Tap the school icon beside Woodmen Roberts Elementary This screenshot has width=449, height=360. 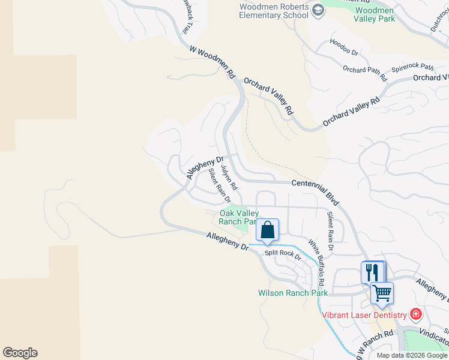point(318,10)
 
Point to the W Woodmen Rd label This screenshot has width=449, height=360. point(212,64)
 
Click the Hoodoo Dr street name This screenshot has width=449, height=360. point(344,48)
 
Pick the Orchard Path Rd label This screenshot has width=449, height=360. point(364,74)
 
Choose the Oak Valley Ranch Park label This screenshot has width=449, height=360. point(239,217)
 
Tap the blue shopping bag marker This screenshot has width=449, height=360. point(268,230)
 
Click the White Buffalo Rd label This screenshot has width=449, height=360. point(316,263)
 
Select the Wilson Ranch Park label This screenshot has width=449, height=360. point(293,293)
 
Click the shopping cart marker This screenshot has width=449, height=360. point(381,293)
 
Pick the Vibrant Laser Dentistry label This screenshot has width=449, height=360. point(364,314)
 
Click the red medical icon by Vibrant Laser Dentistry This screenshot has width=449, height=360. point(415,314)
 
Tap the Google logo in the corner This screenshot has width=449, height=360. point(20,353)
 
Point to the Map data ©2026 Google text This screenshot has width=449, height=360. point(411,355)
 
